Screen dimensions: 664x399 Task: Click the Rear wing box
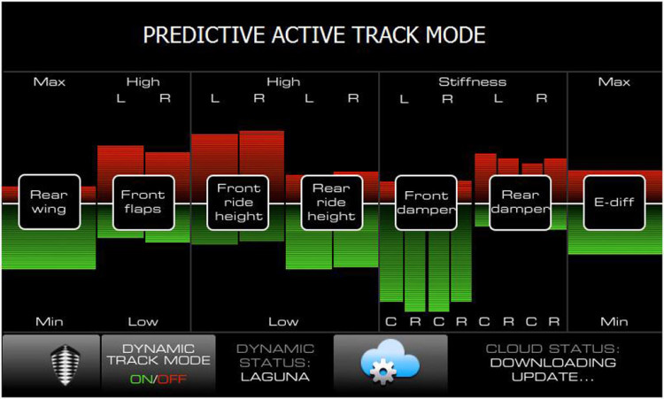(x=50, y=203)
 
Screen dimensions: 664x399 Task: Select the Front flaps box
(x=143, y=203)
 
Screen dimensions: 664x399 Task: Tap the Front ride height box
(x=237, y=203)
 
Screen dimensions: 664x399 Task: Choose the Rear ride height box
(x=332, y=203)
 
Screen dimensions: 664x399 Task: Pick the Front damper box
(x=426, y=203)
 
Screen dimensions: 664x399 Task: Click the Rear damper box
(x=520, y=203)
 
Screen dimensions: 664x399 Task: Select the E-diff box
(x=614, y=203)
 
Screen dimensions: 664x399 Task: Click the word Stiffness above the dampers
(x=473, y=81)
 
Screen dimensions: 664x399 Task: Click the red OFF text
(x=172, y=379)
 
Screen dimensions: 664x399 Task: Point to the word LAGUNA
(x=274, y=377)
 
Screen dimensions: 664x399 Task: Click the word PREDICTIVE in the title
(x=205, y=35)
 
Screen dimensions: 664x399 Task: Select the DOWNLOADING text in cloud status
(x=552, y=363)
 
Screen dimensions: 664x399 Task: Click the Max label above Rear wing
(x=50, y=81)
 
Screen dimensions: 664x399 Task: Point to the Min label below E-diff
(x=614, y=322)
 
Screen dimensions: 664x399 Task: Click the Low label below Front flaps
(x=143, y=322)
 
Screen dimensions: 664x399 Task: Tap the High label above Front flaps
(x=143, y=81)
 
